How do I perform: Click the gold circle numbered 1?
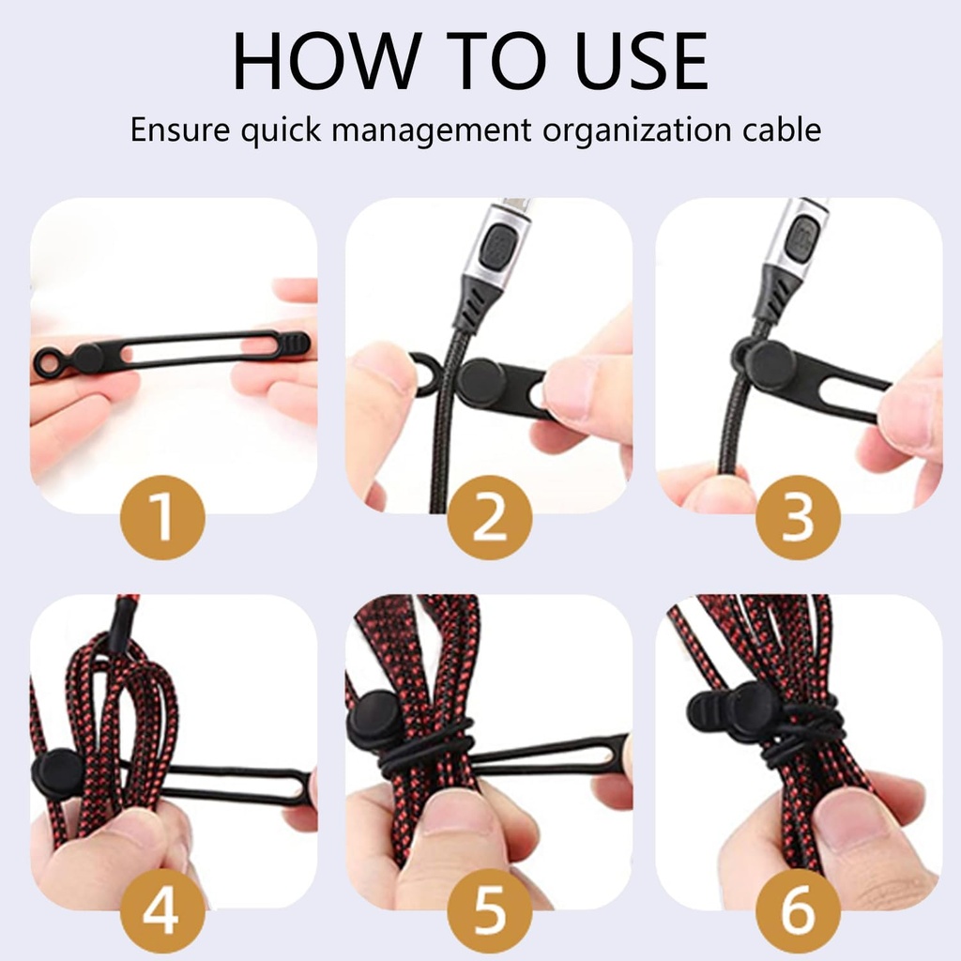coord(163,518)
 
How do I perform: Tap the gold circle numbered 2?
coord(489,518)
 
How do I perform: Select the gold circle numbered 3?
coord(798,518)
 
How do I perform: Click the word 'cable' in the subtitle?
coord(782,129)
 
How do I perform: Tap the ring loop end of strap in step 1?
coord(47,360)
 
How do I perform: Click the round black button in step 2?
coord(482,382)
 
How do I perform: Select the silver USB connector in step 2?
coord(502,245)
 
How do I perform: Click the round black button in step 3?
coord(771,364)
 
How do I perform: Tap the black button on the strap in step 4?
coord(58,774)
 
